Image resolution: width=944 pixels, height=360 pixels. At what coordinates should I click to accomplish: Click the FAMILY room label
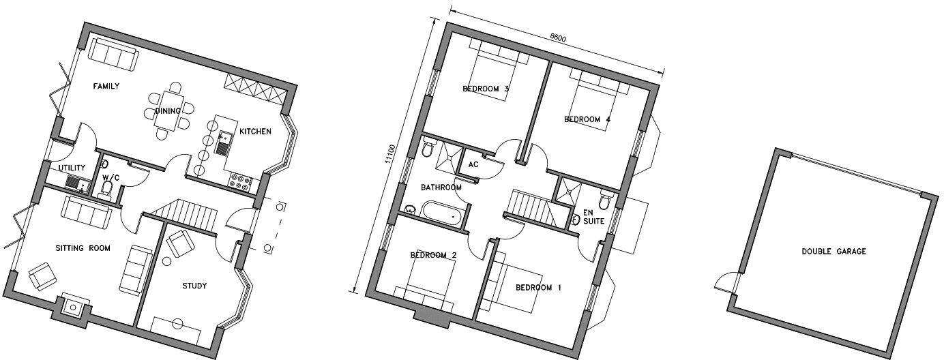tap(106, 87)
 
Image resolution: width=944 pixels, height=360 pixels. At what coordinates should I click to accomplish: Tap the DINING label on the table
tap(168, 111)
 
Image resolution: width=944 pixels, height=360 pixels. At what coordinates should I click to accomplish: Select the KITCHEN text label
tap(255, 132)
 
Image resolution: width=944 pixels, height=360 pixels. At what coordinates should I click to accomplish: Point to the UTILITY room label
tap(72, 168)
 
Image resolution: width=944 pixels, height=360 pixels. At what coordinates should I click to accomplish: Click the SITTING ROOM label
tap(83, 248)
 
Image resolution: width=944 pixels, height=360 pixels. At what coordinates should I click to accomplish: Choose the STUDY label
tap(194, 286)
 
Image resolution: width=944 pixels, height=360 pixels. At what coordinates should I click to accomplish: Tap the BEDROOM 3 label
tap(486, 89)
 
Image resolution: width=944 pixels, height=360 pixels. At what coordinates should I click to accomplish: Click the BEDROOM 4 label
tap(587, 120)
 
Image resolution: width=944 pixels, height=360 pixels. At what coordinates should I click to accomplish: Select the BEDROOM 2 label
tap(433, 255)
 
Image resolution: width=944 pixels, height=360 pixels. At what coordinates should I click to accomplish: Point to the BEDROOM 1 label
tap(538, 288)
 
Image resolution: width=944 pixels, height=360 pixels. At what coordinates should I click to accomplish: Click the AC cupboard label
tap(473, 165)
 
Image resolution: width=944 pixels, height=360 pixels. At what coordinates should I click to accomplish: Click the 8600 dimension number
tap(557, 37)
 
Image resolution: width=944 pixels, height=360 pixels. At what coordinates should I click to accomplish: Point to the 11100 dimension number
tap(389, 153)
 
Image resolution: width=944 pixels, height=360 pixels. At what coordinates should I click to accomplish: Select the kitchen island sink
tap(223, 144)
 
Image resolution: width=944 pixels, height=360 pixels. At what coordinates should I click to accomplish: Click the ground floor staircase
tap(183, 212)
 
